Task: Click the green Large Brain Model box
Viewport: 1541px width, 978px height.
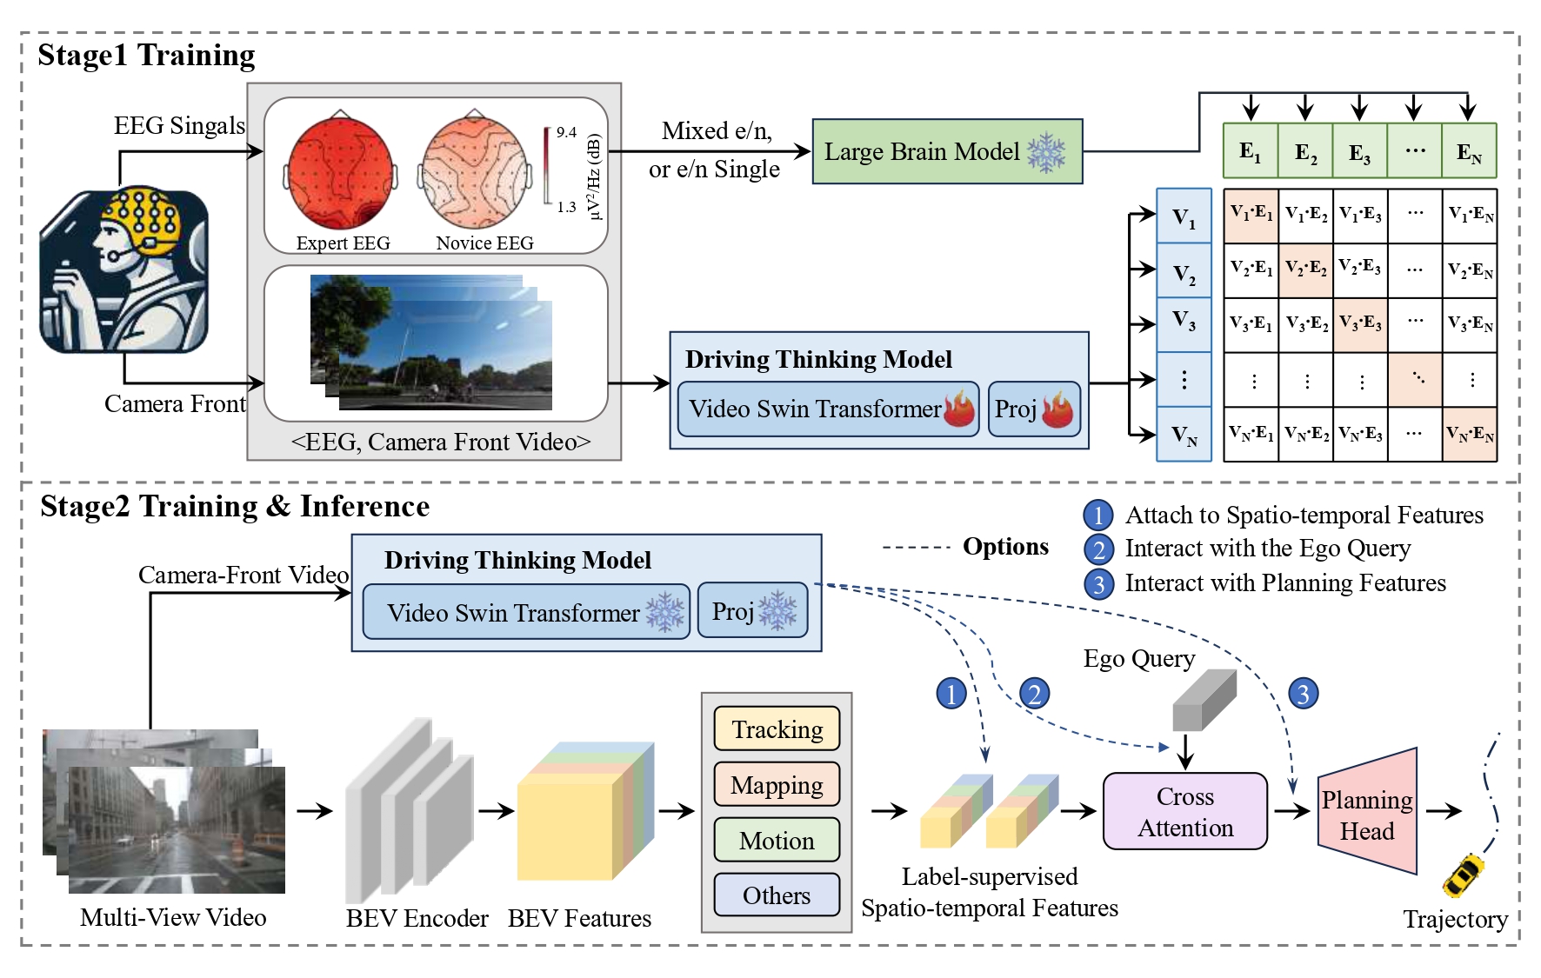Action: coord(946,151)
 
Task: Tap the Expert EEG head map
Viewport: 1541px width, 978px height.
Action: coord(340,174)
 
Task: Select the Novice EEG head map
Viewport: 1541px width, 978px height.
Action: coord(474,174)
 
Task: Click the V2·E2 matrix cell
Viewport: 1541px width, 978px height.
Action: coord(1305,269)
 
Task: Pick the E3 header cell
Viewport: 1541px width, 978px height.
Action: coord(1359,152)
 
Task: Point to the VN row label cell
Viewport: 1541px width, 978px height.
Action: coord(1184,434)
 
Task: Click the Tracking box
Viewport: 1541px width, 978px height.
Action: coord(777,729)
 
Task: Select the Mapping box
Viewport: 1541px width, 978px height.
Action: coord(777,784)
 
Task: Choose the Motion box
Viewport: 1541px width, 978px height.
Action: coord(777,840)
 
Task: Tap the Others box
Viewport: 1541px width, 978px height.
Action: coord(777,895)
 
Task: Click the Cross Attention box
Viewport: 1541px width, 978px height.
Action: coord(1184,811)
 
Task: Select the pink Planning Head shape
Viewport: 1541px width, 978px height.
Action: coord(1367,813)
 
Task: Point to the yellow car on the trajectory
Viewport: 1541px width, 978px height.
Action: coord(1464,874)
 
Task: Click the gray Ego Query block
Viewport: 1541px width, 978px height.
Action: coord(1204,701)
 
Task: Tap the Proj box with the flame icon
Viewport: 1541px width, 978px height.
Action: coord(1033,409)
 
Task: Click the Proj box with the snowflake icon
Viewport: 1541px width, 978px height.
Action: coord(752,611)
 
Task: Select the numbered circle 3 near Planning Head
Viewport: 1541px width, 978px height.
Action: coord(1302,694)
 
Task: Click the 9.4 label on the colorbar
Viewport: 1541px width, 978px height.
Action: coord(566,132)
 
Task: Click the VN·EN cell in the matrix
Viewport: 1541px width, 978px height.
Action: coord(1469,433)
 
